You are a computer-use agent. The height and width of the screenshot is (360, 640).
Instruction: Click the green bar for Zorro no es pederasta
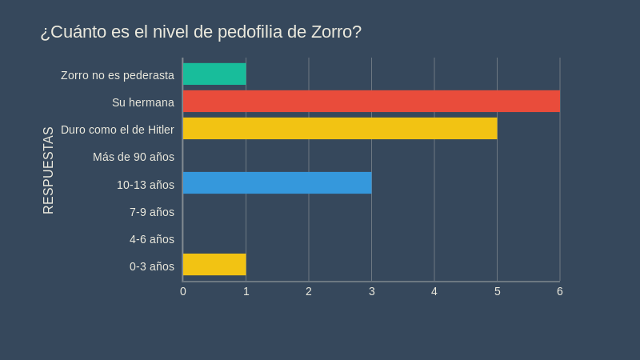[x=214, y=74]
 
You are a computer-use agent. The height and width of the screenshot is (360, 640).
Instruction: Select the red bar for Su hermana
[x=371, y=102]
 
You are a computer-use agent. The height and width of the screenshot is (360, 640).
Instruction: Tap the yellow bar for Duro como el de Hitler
[x=340, y=129]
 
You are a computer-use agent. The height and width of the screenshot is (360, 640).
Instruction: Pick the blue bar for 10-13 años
[x=277, y=183]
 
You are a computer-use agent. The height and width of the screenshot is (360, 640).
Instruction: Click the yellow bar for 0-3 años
[x=214, y=265]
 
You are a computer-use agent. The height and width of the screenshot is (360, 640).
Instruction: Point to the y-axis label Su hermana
[x=143, y=102]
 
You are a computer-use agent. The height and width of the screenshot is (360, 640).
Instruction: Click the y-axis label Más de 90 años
[x=134, y=157]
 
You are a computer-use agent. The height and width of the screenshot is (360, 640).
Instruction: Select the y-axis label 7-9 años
[x=152, y=212]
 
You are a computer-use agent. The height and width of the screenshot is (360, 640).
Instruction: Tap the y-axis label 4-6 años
[x=152, y=239]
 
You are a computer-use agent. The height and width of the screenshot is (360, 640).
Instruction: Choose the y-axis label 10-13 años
[x=146, y=185]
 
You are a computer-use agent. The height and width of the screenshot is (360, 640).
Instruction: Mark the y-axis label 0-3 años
[x=152, y=266]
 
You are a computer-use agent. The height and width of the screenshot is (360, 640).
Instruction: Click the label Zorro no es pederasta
[x=118, y=75]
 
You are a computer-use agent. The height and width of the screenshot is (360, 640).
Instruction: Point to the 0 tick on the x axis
[x=183, y=291]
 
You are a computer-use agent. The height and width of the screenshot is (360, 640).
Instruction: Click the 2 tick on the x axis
[x=309, y=291]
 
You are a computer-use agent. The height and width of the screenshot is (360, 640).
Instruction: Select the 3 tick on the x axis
[x=372, y=291]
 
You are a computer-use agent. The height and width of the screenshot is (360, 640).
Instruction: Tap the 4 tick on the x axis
[x=434, y=291]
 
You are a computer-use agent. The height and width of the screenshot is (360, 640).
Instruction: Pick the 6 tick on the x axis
[x=560, y=291]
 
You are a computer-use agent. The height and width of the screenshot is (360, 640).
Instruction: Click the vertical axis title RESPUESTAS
[x=49, y=170]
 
